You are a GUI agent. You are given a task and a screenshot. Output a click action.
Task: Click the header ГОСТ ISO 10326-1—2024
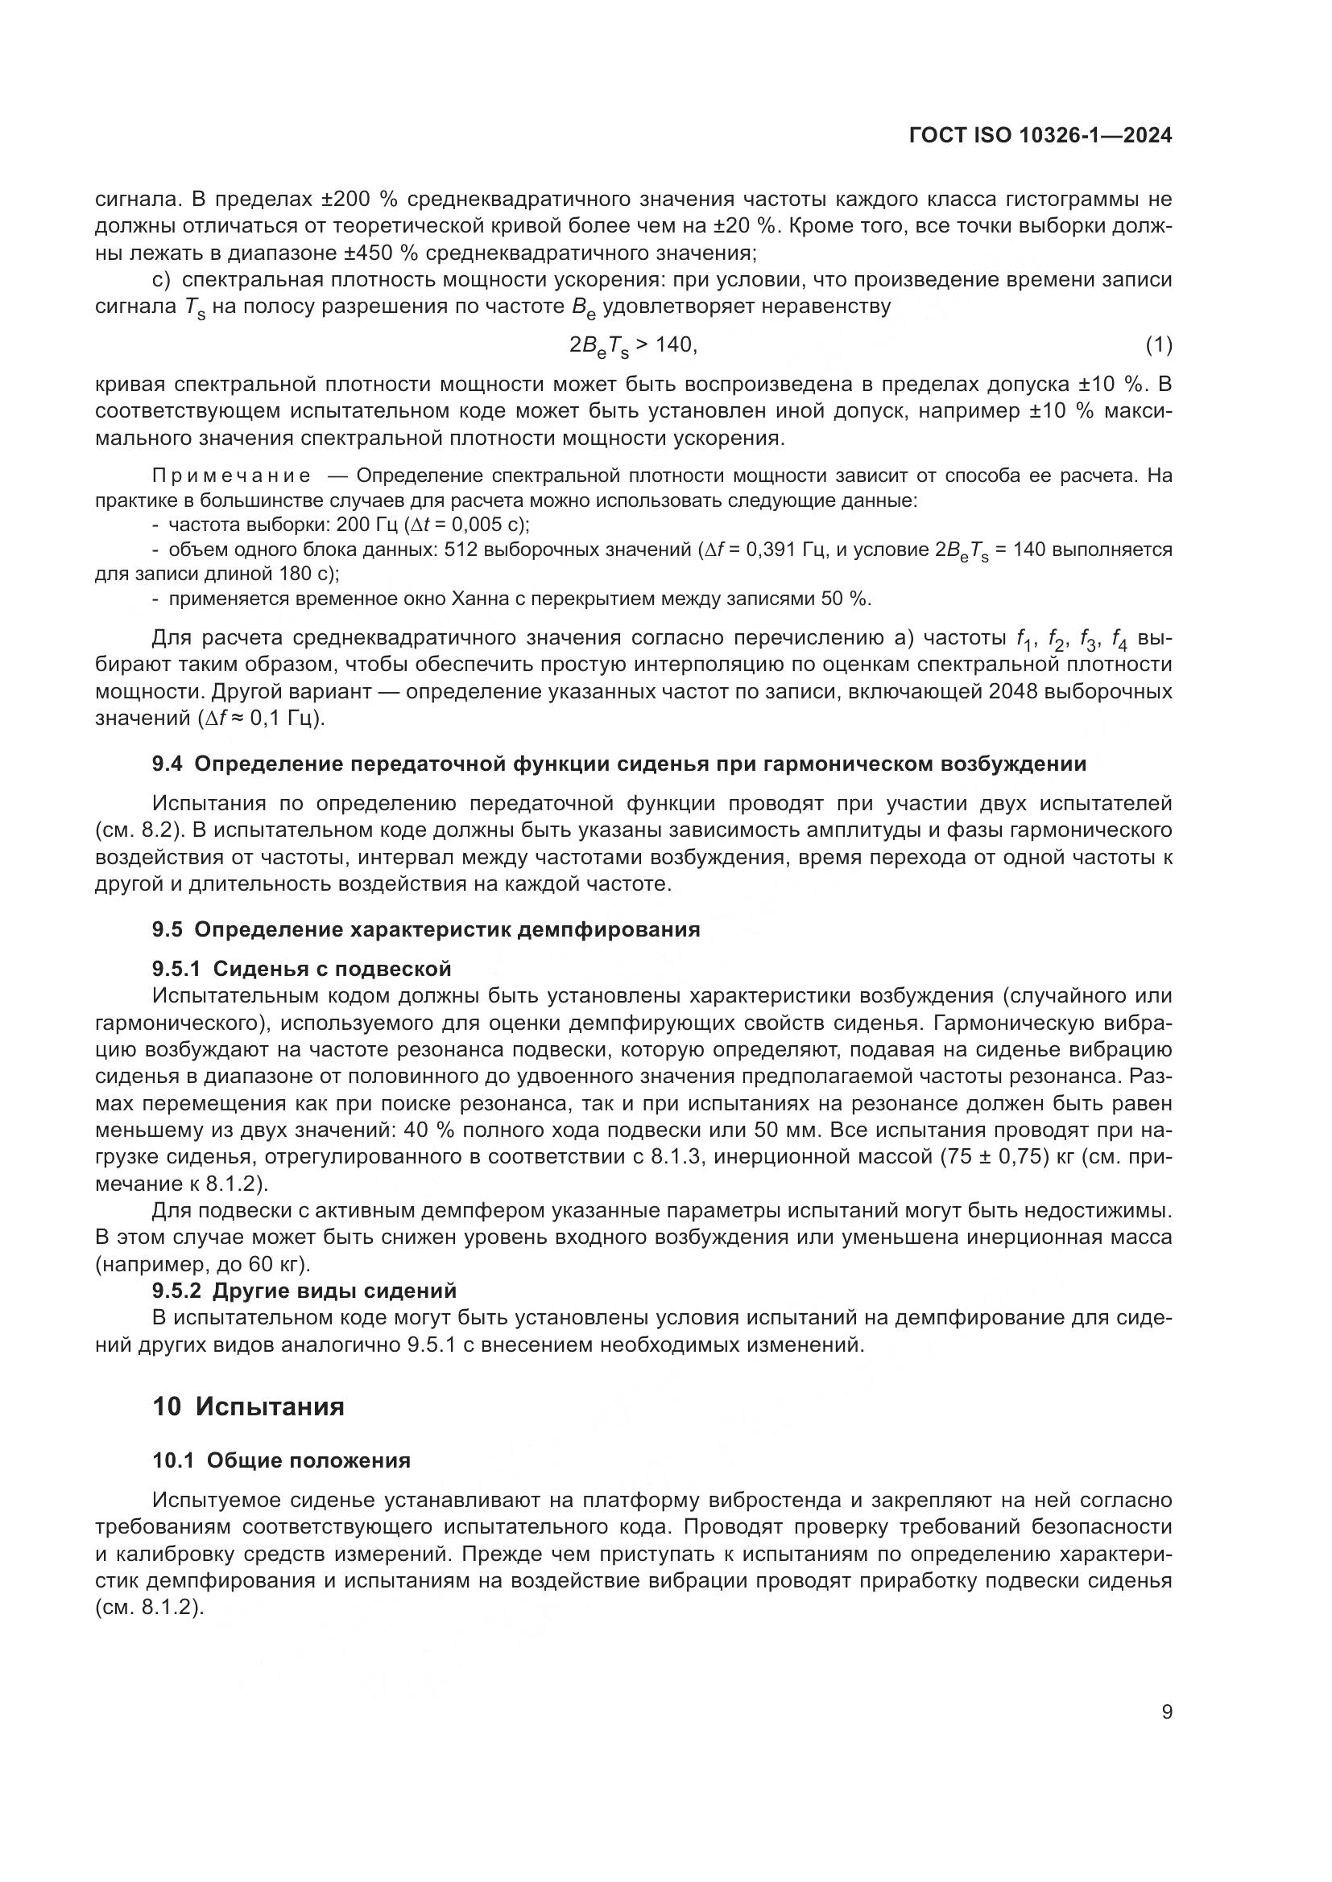[x=1040, y=136]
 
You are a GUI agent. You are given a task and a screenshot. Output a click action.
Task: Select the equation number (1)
[x=1158, y=346]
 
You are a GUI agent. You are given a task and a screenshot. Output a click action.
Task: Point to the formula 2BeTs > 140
[x=632, y=346]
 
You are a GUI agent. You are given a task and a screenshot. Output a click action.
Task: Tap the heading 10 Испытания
[x=248, y=1406]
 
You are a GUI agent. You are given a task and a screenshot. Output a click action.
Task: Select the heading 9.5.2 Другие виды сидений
[x=304, y=1290]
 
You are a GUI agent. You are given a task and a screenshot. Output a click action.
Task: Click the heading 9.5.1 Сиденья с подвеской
[x=301, y=969]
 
